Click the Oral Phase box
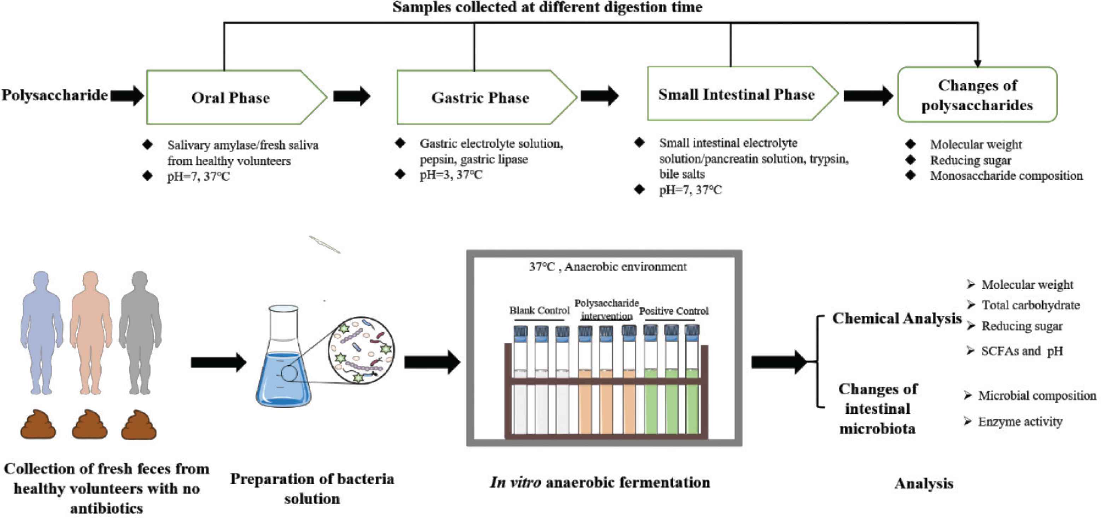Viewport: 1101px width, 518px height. [x=231, y=97]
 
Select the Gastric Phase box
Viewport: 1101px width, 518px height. [x=480, y=97]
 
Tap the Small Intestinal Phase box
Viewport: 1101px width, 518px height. [x=736, y=94]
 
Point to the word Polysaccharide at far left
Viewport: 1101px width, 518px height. [x=54, y=95]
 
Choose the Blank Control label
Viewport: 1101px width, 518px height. [x=539, y=310]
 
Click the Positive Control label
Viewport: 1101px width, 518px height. [x=674, y=311]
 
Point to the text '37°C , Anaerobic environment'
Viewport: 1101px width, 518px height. [x=607, y=267]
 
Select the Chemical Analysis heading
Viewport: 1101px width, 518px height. [x=897, y=318]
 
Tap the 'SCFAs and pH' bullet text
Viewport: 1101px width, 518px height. [x=1021, y=351]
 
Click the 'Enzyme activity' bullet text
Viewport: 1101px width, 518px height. [x=1020, y=422]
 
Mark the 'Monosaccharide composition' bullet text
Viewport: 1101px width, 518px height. [x=1006, y=176]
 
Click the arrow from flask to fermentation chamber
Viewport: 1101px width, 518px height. [x=432, y=362]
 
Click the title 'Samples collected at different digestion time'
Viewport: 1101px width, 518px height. [x=547, y=7]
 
